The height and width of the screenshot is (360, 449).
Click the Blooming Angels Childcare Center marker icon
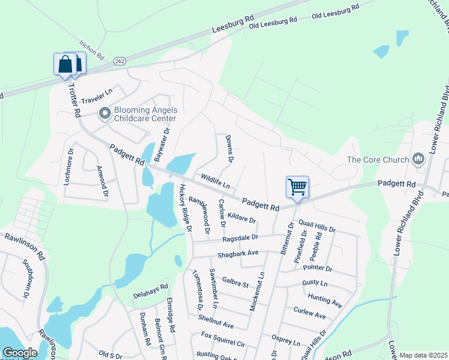[105, 113]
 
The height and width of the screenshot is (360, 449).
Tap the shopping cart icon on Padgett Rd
[297, 187]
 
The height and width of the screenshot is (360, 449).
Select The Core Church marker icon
[418, 160]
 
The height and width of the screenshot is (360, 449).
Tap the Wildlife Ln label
[216, 180]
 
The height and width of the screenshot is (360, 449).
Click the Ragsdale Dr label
[240, 239]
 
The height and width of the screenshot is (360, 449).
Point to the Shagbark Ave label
[238, 253]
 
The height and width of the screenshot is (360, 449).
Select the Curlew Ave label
[310, 312]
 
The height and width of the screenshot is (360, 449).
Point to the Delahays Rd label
[150, 291]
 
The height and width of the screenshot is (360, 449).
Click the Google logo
[20, 353]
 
